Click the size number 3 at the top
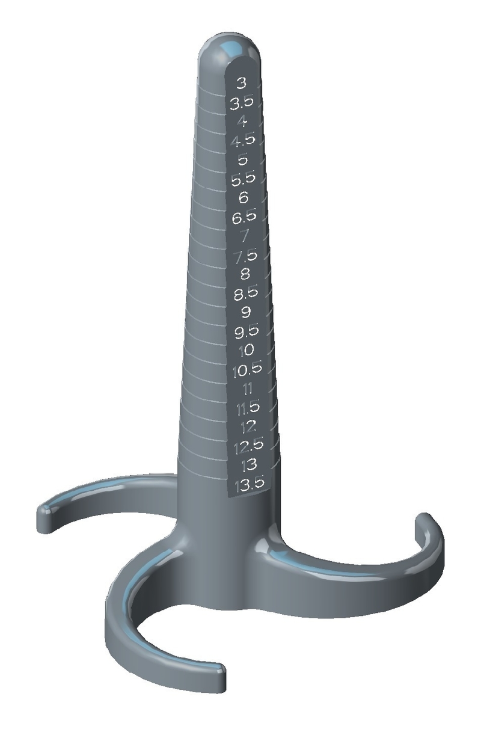[x=242, y=83]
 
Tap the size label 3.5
[x=242, y=102]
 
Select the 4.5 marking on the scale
[x=243, y=140]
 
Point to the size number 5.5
[x=244, y=178]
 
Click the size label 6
[x=244, y=197]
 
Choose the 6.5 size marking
[x=244, y=217]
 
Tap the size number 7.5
[x=245, y=256]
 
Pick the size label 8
[x=245, y=275]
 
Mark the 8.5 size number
[x=245, y=294]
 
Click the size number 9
[x=245, y=312]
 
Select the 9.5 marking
[x=246, y=331]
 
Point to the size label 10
[x=247, y=350]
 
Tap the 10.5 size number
[x=247, y=370]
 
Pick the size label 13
[x=248, y=465]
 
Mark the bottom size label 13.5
[x=249, y=484]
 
